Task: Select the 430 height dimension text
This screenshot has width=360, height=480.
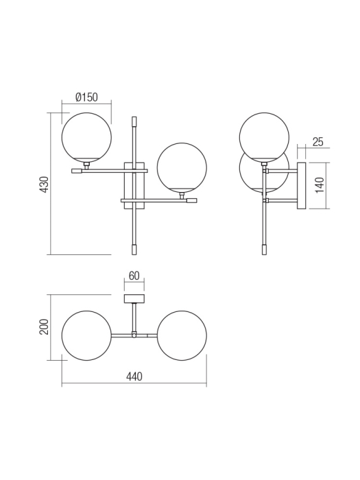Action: [43, 184]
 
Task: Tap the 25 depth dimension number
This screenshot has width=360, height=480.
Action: [317, 142]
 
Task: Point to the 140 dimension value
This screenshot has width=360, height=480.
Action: [319, 185]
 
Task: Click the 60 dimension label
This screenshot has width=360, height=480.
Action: [134, 276]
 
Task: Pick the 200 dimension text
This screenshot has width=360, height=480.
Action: [43, 327]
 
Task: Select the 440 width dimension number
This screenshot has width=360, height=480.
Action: [134, 377]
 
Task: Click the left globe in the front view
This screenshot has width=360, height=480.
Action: [86, 137]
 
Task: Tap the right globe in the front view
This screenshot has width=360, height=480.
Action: [182, 167]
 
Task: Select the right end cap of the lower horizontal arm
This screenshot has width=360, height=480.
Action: [192, 201]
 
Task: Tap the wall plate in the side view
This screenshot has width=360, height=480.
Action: [301, 185]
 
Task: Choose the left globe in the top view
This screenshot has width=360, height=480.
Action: [86, 335]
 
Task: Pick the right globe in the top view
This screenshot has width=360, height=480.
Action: [182, 335]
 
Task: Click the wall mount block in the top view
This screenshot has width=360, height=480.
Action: [134, 298]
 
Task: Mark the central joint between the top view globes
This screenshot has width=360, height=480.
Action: [134, 335]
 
